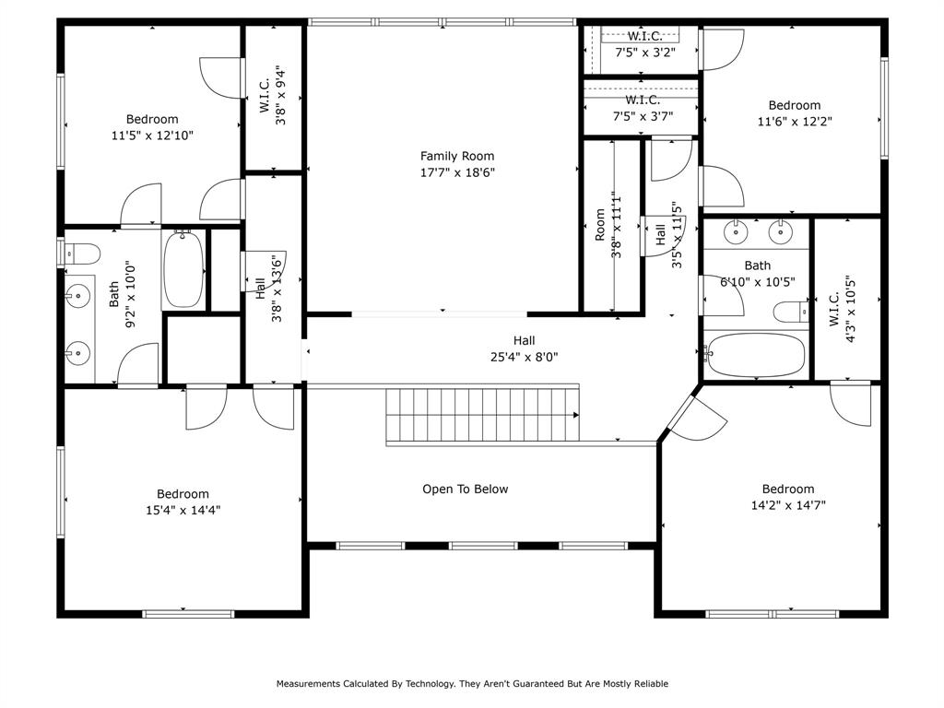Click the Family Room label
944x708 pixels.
(x=457, y=156)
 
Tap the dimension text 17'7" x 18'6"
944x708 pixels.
(x=457, y=171)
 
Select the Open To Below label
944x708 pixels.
(x=465, y=489)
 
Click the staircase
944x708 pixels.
(x=482, y=415)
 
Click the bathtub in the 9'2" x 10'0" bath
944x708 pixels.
(x=183, y=270)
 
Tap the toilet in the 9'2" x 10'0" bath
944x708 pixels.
(x=81, y=253)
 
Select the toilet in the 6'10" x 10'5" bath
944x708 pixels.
(x=790, y=313)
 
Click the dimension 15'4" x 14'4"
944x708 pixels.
(x=183, y=510)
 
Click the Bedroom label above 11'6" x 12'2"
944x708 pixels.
(x=794, y=105)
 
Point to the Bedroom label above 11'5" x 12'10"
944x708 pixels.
(x=152, y=119)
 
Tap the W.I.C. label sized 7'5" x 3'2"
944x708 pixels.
(x=645, y=37)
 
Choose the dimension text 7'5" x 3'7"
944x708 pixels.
(x=643, y=116)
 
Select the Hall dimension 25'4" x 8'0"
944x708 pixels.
(x=524, y=357)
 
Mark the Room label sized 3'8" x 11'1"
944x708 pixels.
(x=600, y=225)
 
